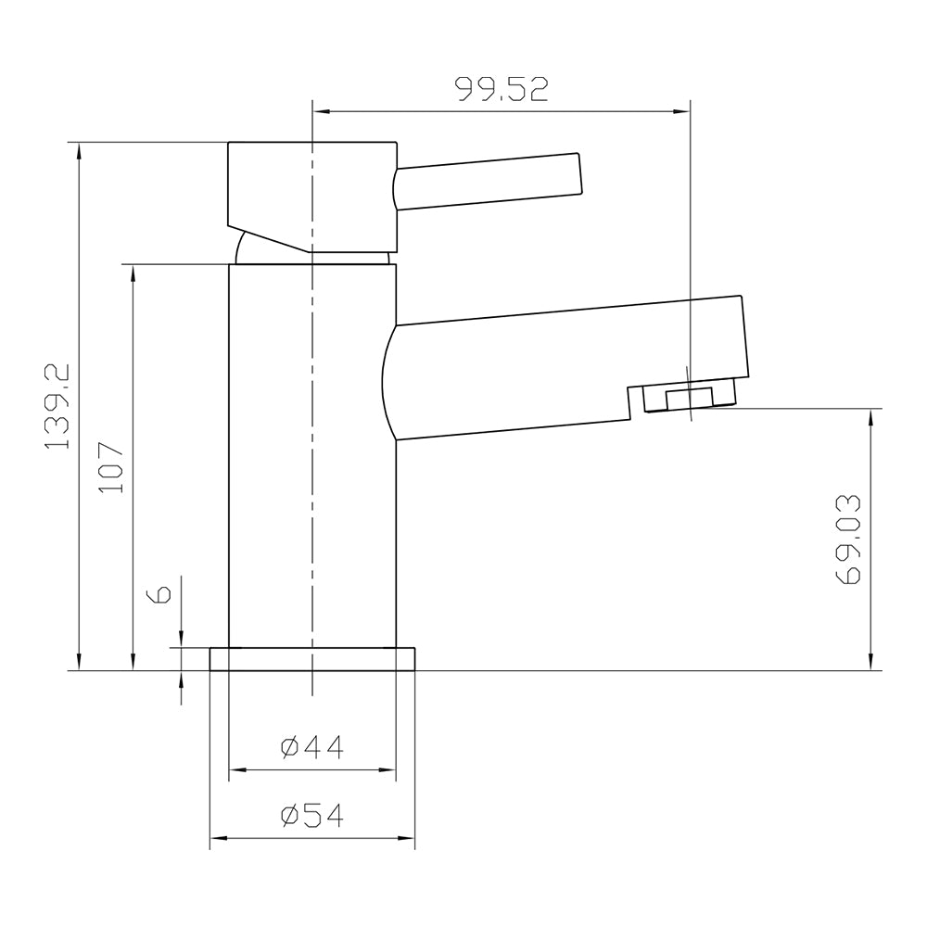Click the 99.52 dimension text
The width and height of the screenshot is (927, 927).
(502, 89)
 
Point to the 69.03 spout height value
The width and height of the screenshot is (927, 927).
(848, 539)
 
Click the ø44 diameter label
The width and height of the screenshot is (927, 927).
(311, 746)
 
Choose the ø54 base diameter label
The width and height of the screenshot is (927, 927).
(311, 816)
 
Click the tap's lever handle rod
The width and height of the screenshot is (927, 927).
(488, 181)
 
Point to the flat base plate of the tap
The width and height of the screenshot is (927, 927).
(312, 658)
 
